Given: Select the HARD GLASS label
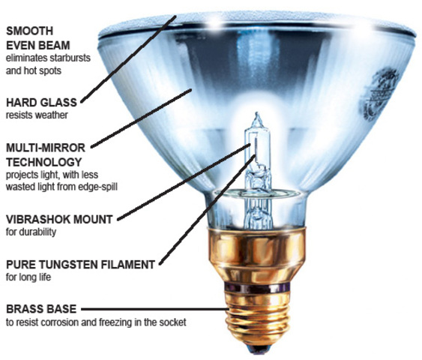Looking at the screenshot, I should pos(37,101).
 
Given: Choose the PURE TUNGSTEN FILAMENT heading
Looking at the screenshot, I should pos(79,265).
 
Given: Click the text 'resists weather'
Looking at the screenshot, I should pos(36,115).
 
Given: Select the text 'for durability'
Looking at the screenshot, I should pos(31,232).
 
